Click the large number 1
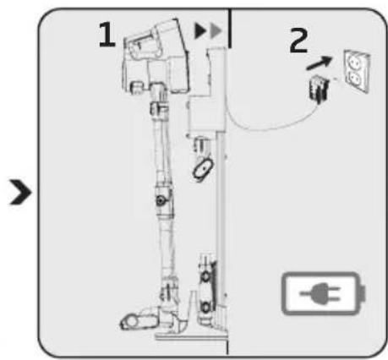107,35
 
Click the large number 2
299,40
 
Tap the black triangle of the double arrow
200,30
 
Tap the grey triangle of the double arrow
216,30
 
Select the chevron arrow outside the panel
20,192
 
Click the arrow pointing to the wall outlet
319,63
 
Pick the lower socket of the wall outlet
356,79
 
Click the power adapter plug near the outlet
319,88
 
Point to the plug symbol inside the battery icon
321,294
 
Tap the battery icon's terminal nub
363,294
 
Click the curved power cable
268,124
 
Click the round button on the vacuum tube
161,200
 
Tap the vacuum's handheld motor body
156,57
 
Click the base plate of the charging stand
192,336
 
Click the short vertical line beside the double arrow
230,28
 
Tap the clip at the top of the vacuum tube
158,108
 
